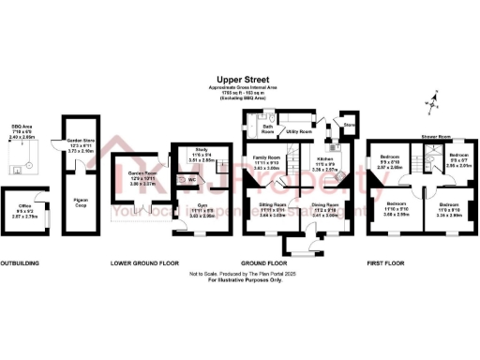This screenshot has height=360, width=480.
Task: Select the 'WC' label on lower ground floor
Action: (191, 179)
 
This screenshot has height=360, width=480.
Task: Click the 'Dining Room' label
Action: (325, 202)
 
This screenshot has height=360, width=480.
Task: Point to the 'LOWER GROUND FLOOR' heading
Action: (143, 263)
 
